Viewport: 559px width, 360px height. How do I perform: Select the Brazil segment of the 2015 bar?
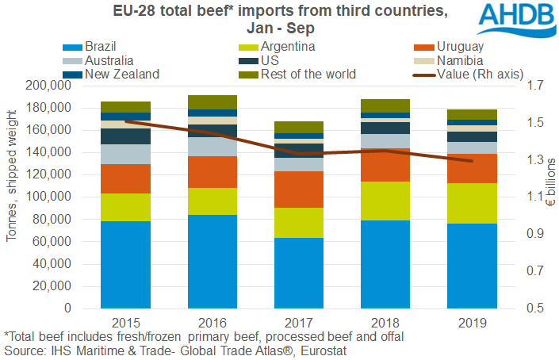pyautogui.click(x=125, y=264)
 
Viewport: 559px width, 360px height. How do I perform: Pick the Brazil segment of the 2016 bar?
pyautogui.click(x=212, y=261)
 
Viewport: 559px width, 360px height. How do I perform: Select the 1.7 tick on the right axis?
pyautogui.click(x=526, y=86)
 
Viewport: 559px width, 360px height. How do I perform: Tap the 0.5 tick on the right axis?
pyautogui.click(x=526, y=308)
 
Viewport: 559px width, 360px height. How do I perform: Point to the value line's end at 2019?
pyautogui.click(x=471, y=161)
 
